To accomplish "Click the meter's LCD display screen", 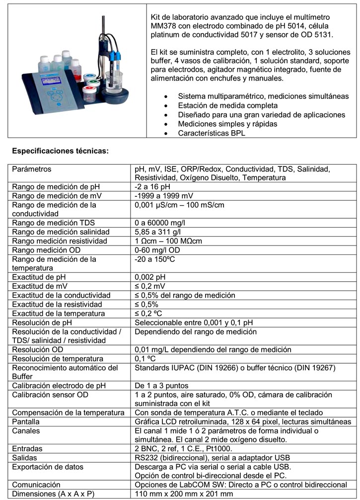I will (44, 83).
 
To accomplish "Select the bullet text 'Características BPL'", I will (212, 133).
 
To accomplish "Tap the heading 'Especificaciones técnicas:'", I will (60, 151).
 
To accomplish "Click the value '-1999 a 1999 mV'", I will (164, 196).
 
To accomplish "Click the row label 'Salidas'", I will (24, 458).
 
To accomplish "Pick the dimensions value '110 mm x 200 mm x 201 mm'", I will (184, 494).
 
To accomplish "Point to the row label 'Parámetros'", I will (32, 169).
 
